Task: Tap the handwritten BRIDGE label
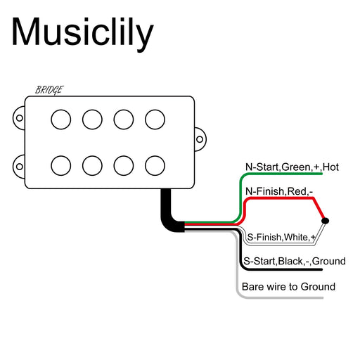(49, 90)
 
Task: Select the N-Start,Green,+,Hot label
(292, 167)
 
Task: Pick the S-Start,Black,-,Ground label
(294, 262)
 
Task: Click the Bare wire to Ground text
(288, 287)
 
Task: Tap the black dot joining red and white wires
(324, 222)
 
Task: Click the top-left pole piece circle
(61, 120)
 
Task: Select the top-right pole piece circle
(155, 120)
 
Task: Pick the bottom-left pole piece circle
(61, 165)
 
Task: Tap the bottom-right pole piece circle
(155, 165)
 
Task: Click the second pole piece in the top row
(92, 120)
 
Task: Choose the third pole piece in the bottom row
(124, 165)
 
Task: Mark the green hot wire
(281, 174)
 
